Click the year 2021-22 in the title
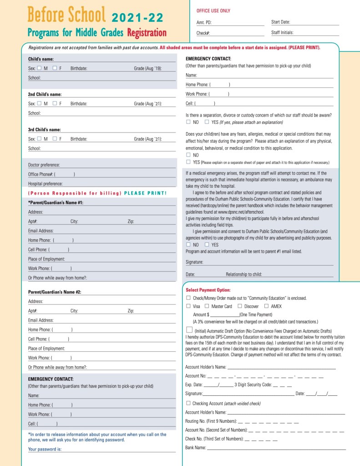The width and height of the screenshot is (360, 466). [137, 18]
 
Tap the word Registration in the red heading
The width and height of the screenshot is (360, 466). [147, 33]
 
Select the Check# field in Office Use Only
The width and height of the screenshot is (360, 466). [237, 33]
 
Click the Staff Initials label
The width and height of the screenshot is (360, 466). [282, 32]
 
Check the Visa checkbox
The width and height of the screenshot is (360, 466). [188, 306]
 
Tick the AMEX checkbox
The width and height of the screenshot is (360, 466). [266, 306]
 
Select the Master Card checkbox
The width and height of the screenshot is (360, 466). [207, 306]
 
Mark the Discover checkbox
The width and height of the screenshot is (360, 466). [240, 306]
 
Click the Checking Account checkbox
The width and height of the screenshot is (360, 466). [188, 403]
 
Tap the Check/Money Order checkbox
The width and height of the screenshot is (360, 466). [188, 298]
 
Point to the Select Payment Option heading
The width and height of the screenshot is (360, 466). [208, 290]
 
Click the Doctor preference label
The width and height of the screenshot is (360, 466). [44, 165]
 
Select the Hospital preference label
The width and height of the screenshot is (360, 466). [46, 184]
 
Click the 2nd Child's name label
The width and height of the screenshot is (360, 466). [45, 94]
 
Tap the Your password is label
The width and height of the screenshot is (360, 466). [45, 449]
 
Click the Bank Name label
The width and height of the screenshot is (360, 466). [196, 448]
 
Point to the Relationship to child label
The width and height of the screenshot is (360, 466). [243, 275]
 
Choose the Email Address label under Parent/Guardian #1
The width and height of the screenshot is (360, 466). [41, 231]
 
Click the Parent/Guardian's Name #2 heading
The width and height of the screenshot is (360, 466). [55, 292]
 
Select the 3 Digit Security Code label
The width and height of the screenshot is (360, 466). [253, 385]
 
